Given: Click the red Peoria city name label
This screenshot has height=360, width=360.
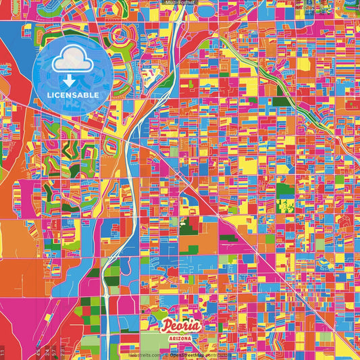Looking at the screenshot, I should tap(180, 324).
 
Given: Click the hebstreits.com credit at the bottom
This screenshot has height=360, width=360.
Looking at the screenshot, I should tap(143, 355).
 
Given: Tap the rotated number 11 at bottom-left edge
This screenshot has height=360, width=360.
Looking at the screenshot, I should tap(3, 351).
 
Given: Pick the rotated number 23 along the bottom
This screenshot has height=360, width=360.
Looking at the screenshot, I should tap(61, 351).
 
